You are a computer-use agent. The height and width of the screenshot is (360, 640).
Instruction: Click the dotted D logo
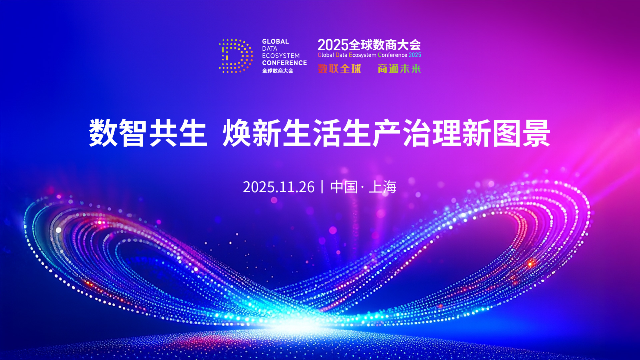(236, 56)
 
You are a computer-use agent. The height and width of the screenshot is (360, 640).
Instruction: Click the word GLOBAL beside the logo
(276, 42)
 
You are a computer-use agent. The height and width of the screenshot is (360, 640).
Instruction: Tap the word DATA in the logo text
(270, 49)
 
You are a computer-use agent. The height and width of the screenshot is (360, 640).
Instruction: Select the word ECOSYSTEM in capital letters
(281, 56)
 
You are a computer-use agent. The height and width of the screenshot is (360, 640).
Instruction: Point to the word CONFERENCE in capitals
(285, 63)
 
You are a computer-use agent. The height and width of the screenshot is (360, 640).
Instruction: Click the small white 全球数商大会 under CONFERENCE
(278, 71)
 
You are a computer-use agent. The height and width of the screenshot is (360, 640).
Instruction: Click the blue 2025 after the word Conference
(415, 55)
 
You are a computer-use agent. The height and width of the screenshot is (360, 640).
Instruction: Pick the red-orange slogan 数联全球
(339, 69)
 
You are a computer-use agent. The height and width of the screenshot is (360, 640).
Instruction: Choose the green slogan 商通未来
(399, 69)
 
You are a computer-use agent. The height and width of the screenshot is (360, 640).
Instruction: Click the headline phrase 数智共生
(148, 133)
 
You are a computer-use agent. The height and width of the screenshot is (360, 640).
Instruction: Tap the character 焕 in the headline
(237, 133)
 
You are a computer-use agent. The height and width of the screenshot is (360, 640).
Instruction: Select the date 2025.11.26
(279, 187)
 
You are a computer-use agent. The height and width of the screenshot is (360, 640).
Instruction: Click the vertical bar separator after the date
(322, 187)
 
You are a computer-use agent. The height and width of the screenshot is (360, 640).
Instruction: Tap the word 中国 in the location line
(344, 187)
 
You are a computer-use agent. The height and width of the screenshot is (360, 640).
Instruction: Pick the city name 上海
(382, 187)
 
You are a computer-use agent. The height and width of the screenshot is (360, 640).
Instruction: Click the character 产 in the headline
(386, 133)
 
